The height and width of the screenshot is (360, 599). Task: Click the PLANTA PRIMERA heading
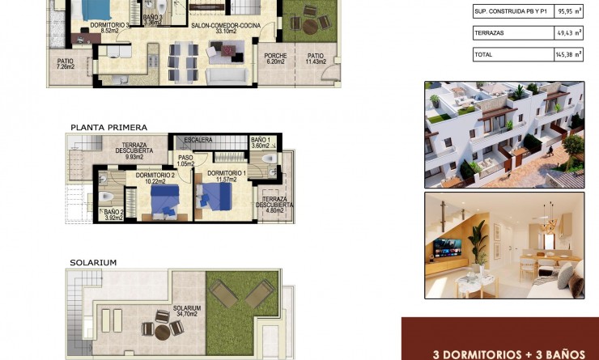pos(108,127)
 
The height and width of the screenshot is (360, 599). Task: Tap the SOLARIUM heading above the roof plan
pos(93,263)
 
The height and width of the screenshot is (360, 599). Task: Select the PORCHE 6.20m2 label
pos(276,58)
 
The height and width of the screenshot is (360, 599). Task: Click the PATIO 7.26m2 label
pos(66,64)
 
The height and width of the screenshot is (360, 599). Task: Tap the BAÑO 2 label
pos(113,215)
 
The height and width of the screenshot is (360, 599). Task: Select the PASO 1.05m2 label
pos(185,160)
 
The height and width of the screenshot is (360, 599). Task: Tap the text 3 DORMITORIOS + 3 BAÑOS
pos(508,354)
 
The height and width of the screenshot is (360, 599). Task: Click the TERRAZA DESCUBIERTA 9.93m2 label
pos(134,151)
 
